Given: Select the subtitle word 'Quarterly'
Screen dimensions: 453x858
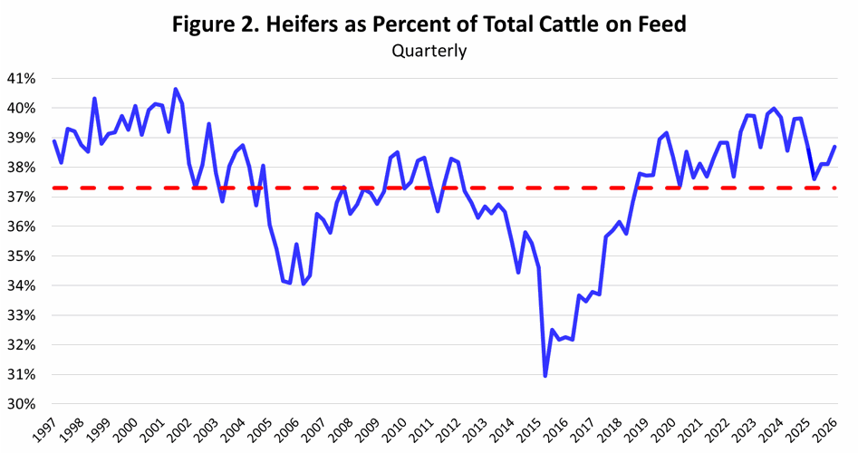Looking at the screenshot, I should tap(429, 51).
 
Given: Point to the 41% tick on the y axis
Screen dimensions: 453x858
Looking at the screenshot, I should tap(22, 79).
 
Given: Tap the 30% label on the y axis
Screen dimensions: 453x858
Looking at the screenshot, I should tap(22, 404).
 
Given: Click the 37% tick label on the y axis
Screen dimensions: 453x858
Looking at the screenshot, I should tap(22, 198).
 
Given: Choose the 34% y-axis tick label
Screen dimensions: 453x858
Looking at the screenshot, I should tap(22, 286).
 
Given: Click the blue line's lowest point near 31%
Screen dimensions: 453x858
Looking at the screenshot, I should tap(545, 375).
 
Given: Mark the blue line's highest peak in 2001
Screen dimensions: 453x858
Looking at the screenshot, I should tap(176, 89).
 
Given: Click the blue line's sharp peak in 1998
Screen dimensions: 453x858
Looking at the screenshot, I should tap(95, 98).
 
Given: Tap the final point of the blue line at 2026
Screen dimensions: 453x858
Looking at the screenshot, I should tap(834, 147).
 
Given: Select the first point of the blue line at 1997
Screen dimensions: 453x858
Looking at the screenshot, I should tap(54, 140).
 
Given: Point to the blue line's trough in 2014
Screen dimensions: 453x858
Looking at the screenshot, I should tap(518, 272).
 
